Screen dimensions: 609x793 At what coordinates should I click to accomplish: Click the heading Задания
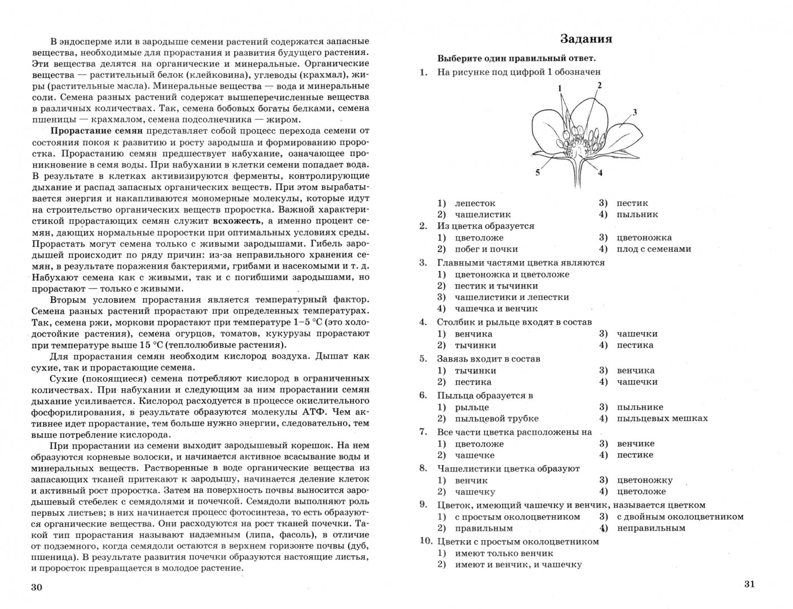coord(586,39)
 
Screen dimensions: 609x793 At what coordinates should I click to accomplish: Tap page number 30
coord(37,587)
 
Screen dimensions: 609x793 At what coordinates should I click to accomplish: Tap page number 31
coord(749,584)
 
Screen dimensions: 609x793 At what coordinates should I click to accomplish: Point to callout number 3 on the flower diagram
coord(635,112)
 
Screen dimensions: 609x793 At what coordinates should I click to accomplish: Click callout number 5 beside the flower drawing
coord(538,172)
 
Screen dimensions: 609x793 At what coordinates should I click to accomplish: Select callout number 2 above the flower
coord(599,85)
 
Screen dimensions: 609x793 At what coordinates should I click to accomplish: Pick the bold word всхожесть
coord(237,221)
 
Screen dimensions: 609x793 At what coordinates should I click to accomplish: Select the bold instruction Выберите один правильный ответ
coord(517,58)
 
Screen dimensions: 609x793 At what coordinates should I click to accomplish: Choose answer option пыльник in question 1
coord(637,214)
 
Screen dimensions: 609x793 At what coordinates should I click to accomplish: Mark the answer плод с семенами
coord(654,249)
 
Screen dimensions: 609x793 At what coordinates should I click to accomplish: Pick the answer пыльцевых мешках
coord(662,418)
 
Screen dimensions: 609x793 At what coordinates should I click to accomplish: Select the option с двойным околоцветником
coord(680,517)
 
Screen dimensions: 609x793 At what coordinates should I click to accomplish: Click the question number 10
coord(425,541)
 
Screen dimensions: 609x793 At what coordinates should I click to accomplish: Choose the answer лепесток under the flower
coord(475,203)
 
